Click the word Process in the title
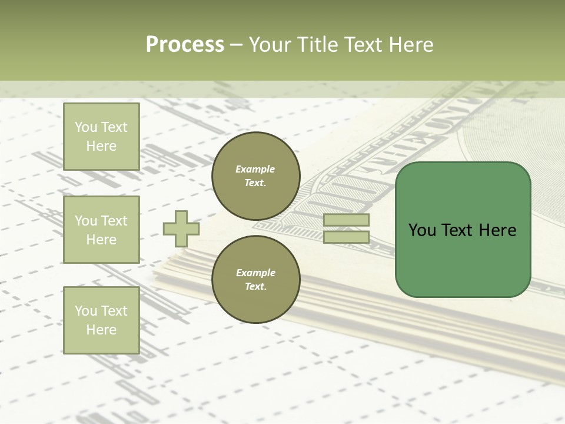[185, 45]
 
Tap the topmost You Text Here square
[101, 137]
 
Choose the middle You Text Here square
[101, 230]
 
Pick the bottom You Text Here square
[101, 320]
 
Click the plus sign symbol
[181, 228]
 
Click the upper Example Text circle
[255, 176]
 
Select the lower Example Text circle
[255, 280]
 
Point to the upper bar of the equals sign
[346, 220]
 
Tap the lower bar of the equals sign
[346, 237]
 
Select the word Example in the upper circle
[255, 169]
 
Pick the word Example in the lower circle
[255, 273]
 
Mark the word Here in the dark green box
[497, 230]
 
